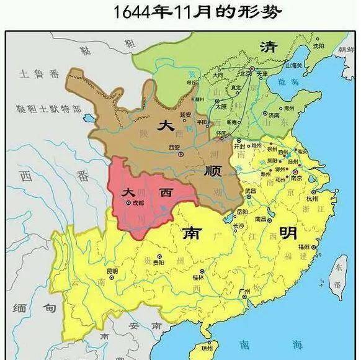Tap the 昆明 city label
[x=112, y=271]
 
